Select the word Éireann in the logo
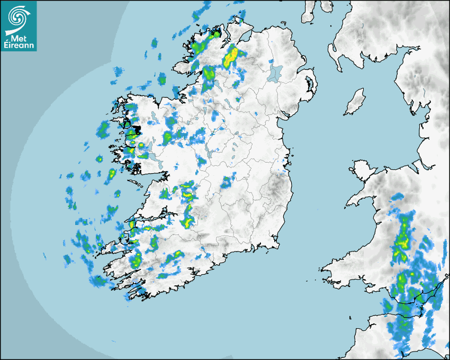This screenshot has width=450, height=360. coord(19,45)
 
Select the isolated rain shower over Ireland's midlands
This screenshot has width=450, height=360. coord(228,181)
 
